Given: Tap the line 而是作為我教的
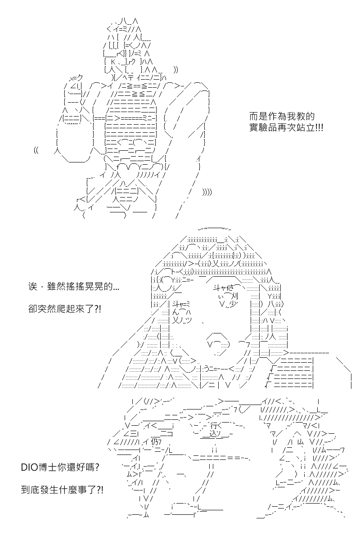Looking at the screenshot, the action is tap(282, 117).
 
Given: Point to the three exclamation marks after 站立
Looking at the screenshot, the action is tap(319, 127).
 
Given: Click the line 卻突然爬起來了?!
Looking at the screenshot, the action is tap(64, 309).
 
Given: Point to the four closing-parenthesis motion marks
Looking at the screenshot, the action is tap(207, 193).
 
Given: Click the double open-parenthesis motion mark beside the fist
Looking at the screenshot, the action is tap(36, 151).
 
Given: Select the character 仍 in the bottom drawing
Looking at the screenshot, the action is tap(154, 442).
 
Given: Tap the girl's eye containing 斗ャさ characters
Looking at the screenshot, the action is tap(225, 296).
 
